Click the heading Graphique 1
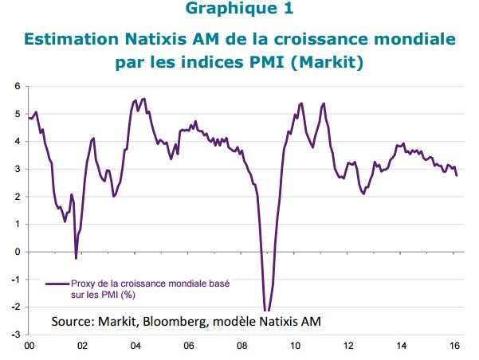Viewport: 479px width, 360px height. tap(239, 9)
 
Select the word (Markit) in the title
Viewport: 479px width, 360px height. tap(327, 62)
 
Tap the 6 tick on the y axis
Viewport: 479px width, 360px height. tap(18, 86)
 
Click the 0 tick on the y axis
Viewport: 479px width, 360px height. tap(18, 252)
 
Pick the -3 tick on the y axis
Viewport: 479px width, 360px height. tap(16, 335)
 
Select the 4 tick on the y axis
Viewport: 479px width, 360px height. tap(18, 142)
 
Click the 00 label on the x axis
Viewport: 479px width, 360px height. tap(29, 346)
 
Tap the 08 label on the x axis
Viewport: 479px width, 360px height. tap(242, 346)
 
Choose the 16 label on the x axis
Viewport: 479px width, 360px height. tap(455, 346)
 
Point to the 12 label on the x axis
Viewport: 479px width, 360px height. tap(348, 346)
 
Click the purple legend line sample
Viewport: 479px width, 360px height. tap(57, 284)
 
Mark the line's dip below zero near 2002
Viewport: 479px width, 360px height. tap(76, 259)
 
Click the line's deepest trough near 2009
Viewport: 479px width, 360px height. tap(267, 311)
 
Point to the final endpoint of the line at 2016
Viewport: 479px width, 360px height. tap(457, 175)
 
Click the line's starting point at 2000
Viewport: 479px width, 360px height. tap(29, 118)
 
